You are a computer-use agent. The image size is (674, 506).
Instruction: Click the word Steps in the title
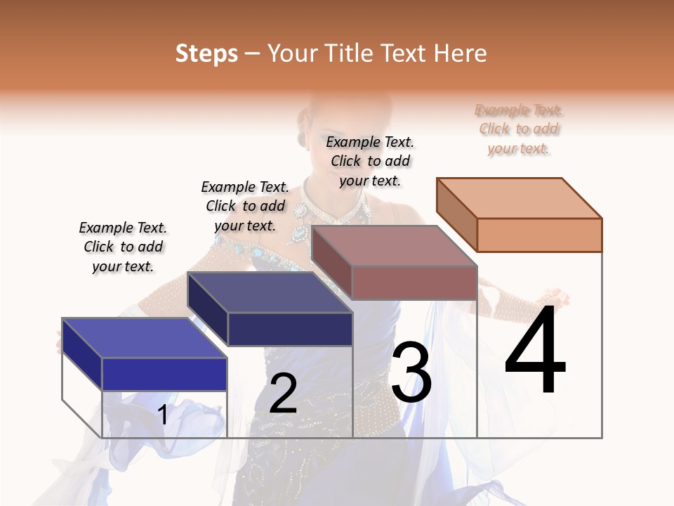[x=206, y=53]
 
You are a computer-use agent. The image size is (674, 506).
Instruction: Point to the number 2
[x=283, y=394]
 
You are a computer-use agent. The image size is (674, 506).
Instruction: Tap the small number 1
[x=163, y=415]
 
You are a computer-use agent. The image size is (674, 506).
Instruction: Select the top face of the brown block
[x=394, y=246]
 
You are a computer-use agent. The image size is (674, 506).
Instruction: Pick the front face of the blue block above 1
[x=164, y=374]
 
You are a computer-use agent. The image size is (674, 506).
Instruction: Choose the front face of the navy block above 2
[x=290, y=329]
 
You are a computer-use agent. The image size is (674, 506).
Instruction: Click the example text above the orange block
[x=519, y=129]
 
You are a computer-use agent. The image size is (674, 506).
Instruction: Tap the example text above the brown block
[x=370, y=161]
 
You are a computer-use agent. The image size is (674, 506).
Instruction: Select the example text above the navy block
[x=245, y=206]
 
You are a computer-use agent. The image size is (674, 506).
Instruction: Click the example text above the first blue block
[x=123, y=247]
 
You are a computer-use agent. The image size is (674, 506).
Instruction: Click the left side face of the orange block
[x=456, y=215]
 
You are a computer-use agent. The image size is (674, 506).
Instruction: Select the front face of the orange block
[x=539, y=235]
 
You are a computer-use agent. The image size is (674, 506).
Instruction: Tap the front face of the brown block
[x=414, y=283]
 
